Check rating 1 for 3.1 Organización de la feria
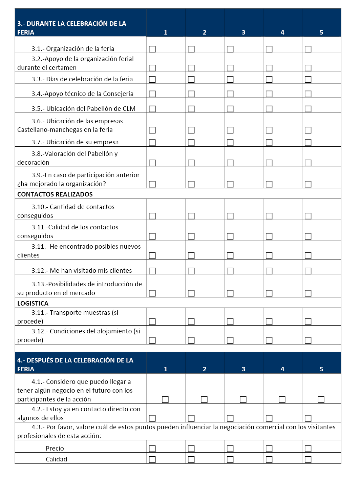(152, 49)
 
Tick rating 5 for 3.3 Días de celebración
(308, 80)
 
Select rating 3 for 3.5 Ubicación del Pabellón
(230, 109)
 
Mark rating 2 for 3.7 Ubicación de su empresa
(191, 143)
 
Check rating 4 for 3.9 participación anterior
(269, 184)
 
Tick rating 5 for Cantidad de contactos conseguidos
(308, 216)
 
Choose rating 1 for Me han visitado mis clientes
(152, 271)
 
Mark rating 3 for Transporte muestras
(230, 321)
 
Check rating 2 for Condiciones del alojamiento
(191, 340)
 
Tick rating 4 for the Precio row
(269, 449)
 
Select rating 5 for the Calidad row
(308, 459)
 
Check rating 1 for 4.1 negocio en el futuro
(165, 399)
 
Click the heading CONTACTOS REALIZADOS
(55, 194)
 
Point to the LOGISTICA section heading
(33, 304)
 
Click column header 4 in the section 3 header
(282, 33)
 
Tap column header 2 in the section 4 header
(205, 369)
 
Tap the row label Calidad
(56, 459)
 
